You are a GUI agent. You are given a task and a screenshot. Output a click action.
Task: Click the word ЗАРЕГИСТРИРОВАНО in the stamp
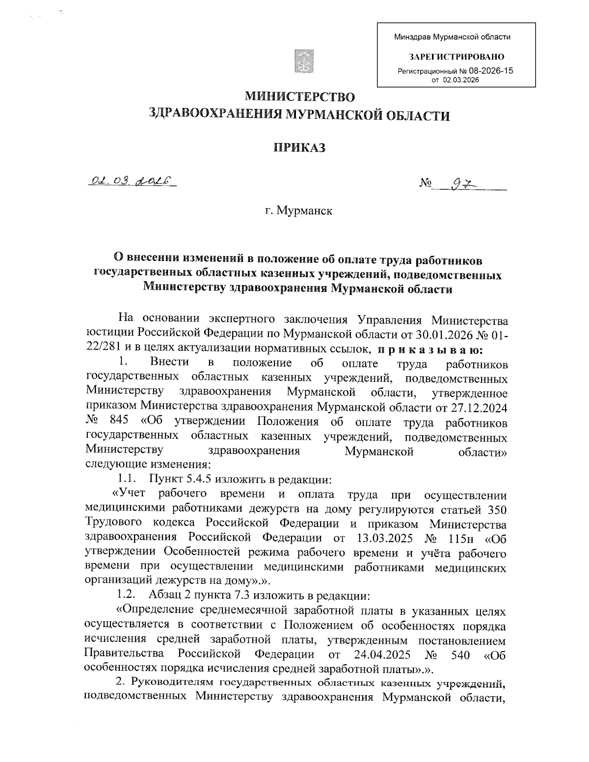click(x=456, y=57)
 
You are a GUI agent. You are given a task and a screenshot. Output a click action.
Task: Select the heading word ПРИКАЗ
click(x=299, y=148)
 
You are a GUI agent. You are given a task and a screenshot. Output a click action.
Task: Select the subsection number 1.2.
click(x=126, y=595)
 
